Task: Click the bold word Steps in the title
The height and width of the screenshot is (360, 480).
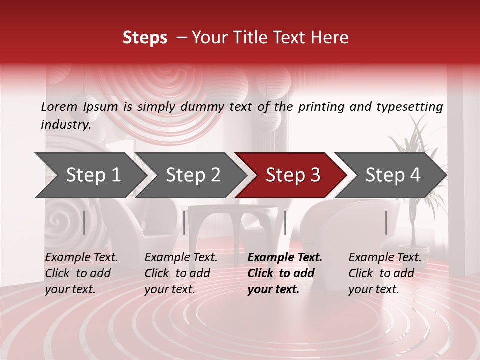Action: click(145, 37)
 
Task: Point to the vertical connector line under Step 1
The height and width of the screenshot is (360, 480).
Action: click(84, 223)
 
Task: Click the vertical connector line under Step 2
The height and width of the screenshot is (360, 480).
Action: click(184, 223)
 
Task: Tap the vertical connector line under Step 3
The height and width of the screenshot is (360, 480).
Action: click(285, 223)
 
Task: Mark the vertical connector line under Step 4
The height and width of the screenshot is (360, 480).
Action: click(386, 223)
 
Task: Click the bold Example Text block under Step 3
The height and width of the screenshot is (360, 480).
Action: click(285, 273)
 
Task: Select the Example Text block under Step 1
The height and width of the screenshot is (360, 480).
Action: click(81, 273)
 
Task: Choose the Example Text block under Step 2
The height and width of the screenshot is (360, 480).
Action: click(181, 273)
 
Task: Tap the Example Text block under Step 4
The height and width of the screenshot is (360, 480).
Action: click(385, 273)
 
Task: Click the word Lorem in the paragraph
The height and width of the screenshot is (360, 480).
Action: click(59, 107)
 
